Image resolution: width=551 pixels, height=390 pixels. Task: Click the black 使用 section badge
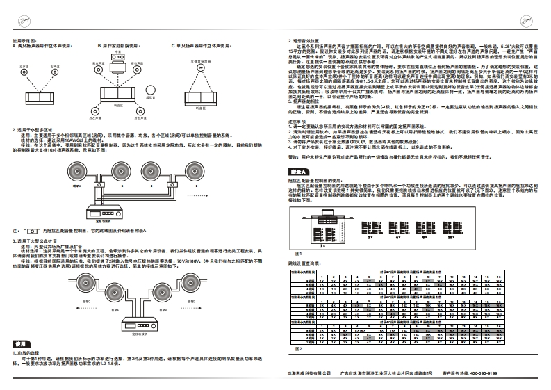coord(21,344)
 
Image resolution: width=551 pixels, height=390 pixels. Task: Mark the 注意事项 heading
coord(296,120)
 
